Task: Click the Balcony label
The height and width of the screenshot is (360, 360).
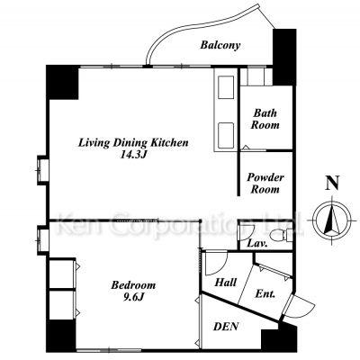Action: pos(220,45)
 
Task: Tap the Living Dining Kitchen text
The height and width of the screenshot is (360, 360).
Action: pos(133,142)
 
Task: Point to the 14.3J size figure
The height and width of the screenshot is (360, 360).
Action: pos(133,155)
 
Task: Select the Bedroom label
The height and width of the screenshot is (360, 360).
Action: pos(133,284)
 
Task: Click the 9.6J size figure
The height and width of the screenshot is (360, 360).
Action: pos(133,297)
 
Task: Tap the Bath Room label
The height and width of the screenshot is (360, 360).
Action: pos(265,119)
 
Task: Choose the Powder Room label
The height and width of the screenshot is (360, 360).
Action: pos(265,184)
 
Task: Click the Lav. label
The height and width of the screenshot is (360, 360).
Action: pos(257,244)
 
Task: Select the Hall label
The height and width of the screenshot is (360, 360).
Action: pos(226,283)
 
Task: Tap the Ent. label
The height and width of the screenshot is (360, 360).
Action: pos(265,293)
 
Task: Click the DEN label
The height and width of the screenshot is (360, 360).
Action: pos(226,327)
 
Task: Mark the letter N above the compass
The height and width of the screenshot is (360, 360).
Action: pos(332,183)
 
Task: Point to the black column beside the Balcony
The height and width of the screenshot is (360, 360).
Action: pos(284,57)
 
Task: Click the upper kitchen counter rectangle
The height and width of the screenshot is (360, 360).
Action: pos(226,87)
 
